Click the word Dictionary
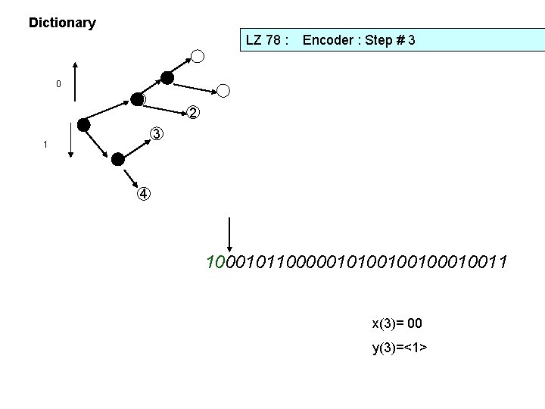[62, 23]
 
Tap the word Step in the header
[381, 40]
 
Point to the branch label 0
[58, 83]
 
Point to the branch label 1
[46, 144]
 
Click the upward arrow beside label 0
[74, 83]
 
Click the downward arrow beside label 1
[70, 141]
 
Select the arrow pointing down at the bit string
[229, 235]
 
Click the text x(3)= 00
[397, 324]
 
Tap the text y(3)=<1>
[400, 348]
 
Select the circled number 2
[194, 113]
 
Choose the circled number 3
[155, 134]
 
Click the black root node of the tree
[84, 124]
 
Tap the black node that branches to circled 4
[117, 159]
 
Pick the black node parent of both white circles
[167, 77]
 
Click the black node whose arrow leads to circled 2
[137, 99]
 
